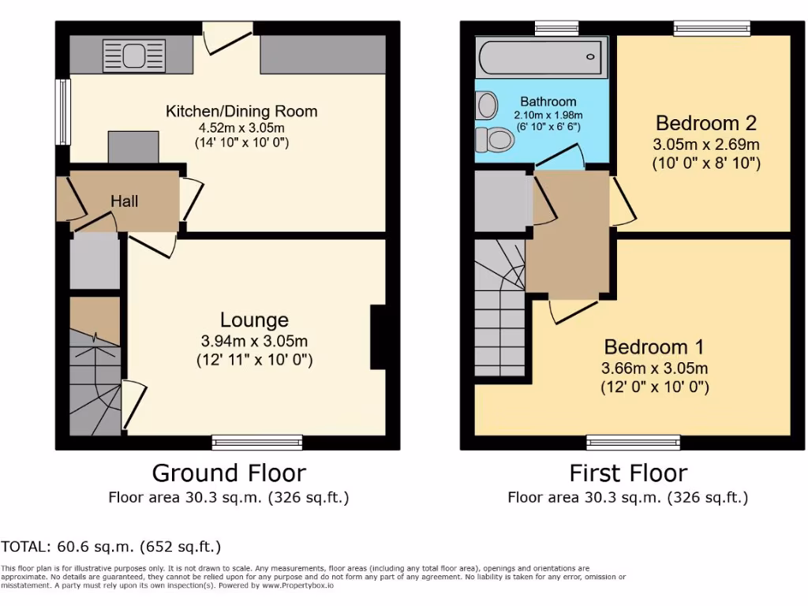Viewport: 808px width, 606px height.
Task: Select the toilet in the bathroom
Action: [496, 140]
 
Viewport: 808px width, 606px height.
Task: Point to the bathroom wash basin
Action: [487, 104]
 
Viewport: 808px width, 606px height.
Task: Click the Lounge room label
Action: [254, 320]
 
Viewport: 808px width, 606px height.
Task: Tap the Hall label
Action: [124, 201]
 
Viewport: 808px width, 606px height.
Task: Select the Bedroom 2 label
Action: [706, 123]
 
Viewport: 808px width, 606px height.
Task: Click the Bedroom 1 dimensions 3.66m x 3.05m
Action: [655, 368]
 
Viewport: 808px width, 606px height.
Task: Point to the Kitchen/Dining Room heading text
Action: [241, 111]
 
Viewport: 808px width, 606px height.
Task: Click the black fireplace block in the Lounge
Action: [378, 337]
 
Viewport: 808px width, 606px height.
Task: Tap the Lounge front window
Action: [257, 442]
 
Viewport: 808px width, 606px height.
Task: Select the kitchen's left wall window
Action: [61, 111]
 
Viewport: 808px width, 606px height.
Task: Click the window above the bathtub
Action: [556, 28]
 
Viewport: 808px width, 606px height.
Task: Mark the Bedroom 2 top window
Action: [712, 28]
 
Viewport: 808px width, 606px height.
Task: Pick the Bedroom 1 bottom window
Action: [633, 442]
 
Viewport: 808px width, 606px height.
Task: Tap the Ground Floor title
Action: [229, 473]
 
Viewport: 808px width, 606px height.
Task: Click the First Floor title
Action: [628, 473]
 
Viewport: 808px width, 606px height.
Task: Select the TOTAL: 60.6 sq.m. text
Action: [111, 546]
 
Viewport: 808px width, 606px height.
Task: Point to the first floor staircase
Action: [499, 308]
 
